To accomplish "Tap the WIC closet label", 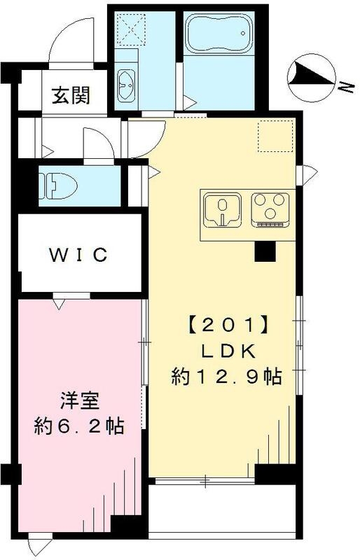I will pos(78,255).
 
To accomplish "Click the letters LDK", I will pos(226,351).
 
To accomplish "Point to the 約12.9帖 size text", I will pos(226,377).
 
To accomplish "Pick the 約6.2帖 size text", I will pos(78,426).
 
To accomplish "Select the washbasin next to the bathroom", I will pos(127,84).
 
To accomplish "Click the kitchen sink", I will pos(222,209).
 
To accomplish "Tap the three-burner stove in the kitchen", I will pos(268,208).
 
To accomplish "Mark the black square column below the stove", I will pos(265,251).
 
